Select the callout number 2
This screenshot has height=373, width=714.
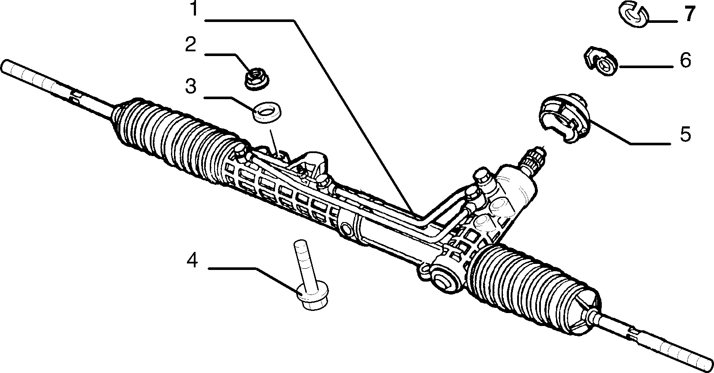tap(191, 44)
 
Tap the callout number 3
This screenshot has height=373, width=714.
tap(191, 86)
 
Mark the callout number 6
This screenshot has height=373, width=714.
tap(686, 60)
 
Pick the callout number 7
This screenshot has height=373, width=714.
tap(689, 14)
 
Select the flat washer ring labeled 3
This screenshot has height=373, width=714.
tap(266, 111)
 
